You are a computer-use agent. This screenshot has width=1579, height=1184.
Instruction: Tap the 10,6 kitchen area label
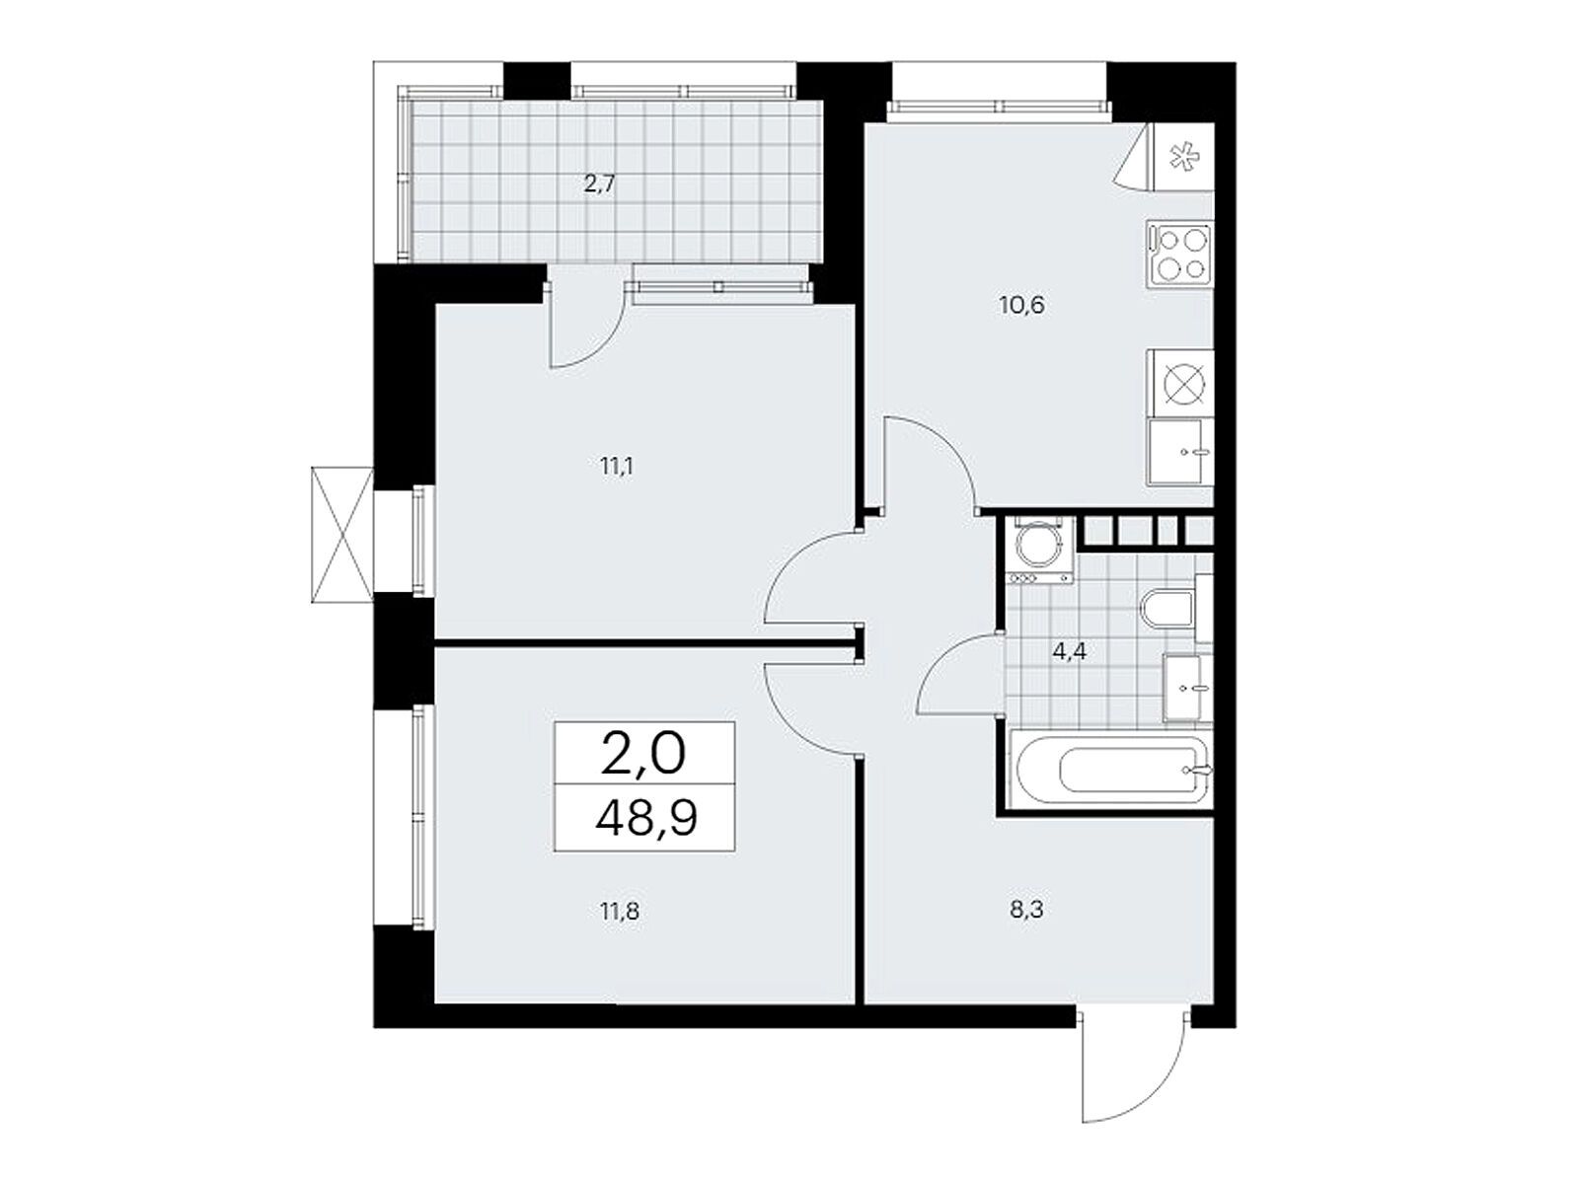1021,306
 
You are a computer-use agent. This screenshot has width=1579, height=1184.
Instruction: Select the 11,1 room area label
617,468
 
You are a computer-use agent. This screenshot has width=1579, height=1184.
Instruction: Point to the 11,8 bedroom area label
620,913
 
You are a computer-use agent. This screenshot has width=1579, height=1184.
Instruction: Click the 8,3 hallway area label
1026,911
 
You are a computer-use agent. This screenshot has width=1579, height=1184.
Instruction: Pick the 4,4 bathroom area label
1069,652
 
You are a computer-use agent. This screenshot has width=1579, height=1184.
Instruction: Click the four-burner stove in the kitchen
1179,254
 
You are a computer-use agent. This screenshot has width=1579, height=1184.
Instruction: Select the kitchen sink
1179,453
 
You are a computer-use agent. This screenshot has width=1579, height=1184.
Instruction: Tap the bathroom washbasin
1187,688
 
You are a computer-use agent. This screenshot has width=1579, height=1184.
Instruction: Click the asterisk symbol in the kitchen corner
1181,158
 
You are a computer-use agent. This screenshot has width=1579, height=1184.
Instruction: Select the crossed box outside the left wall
341,534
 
